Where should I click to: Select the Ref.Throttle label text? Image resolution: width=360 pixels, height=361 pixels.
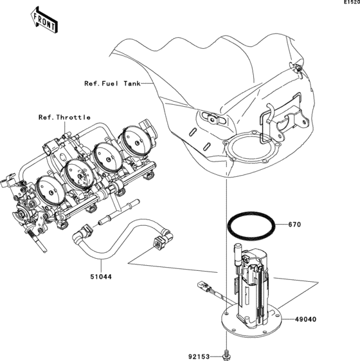[64, 117]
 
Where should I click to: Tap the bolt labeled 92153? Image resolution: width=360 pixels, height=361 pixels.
[226, 353]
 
